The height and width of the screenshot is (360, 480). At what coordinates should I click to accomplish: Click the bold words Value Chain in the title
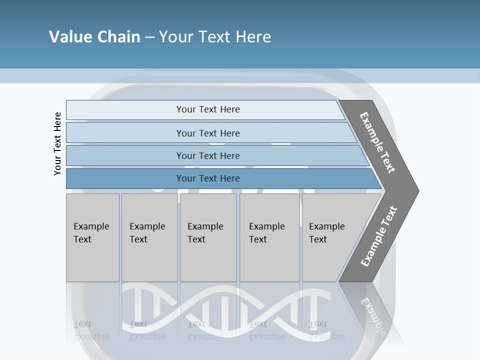pos(94,37)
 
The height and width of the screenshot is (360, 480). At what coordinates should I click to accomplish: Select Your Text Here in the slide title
pos(215,37)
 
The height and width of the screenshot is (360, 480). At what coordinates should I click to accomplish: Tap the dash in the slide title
pos(149,37)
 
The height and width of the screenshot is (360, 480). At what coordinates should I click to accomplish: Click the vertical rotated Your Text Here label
pos(57,143)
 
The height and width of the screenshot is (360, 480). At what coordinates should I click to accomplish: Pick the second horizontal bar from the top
pos(207,133)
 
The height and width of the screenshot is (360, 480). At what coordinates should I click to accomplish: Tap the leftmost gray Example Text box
pos(92,237)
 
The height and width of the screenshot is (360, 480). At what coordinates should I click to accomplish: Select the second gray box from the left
pos(149,237)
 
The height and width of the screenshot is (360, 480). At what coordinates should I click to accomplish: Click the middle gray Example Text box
pos(208,237)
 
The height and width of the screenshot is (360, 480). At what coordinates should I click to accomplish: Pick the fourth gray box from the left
pos(269,237)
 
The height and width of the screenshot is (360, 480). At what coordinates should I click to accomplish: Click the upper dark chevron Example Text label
pos(377,143)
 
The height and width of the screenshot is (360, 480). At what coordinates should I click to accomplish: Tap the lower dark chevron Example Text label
pos(379,236)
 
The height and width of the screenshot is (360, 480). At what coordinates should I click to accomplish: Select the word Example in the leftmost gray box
pos(91,226)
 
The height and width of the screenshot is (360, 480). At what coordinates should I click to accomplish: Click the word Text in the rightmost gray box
pos(317,239)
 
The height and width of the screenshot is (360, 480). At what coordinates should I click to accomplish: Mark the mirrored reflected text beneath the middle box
pos(205,330)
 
